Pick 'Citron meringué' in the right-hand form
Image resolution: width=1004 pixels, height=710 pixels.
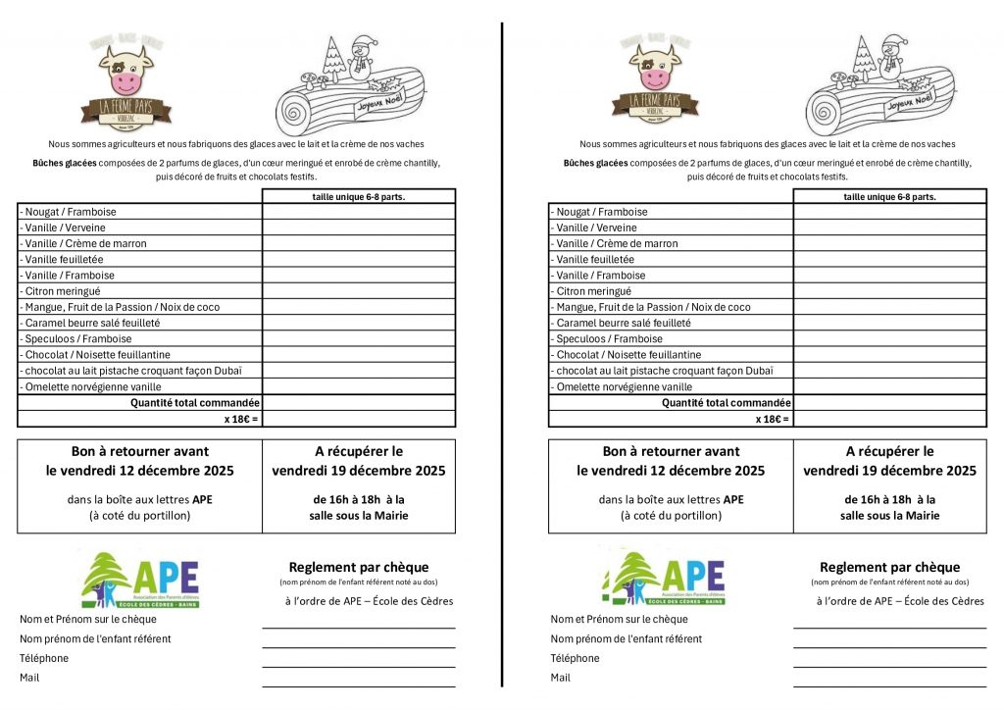[x=594, y=291]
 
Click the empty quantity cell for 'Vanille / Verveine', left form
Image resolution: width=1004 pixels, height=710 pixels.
[x=359, y=228]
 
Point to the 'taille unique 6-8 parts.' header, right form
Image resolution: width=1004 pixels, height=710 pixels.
[x=889, y=196]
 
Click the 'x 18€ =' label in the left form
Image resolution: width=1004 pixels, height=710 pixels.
[x=241, y=419]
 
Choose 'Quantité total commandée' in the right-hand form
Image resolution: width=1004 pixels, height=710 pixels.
[x=727, y=403]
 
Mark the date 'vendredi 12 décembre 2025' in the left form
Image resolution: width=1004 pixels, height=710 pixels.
[x=139, y=471]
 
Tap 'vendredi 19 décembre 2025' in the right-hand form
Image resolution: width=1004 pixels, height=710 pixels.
[x=889, y=471]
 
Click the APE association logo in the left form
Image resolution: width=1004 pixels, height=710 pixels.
[x=140, y=580]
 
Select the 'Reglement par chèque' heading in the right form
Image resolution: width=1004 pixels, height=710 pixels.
[x=889, y=567]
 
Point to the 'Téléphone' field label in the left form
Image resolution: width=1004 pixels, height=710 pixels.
[x=44, y=658]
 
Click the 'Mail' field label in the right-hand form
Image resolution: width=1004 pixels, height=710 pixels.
[x=561, y=678]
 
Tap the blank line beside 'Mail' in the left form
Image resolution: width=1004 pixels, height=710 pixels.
[x=359, y=684]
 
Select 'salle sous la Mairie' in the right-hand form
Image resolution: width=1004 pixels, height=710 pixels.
[x=889, y=516]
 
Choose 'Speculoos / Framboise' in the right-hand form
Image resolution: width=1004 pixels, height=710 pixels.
[x=609, y=339]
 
